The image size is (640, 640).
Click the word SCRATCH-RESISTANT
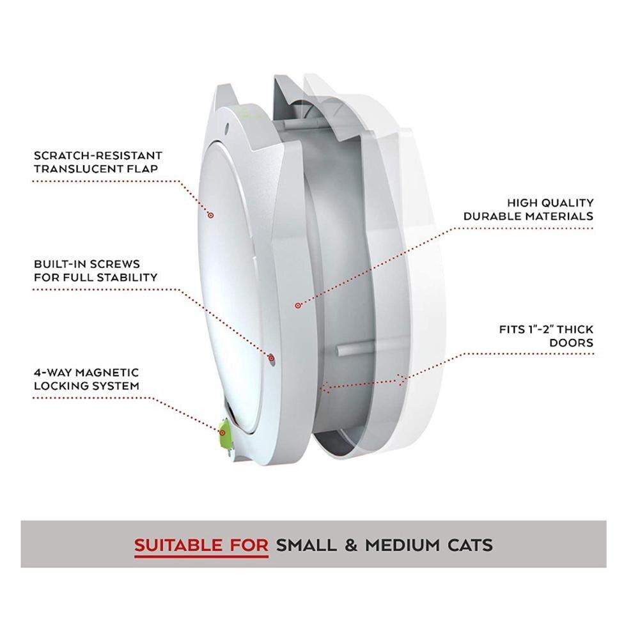[x=97, y=155]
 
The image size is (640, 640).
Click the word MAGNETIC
[x=105, y=372]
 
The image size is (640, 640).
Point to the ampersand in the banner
[x=352, y=545]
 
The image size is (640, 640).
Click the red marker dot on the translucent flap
[x=210, y=215]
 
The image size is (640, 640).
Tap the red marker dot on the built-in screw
[x=272, y=357]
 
